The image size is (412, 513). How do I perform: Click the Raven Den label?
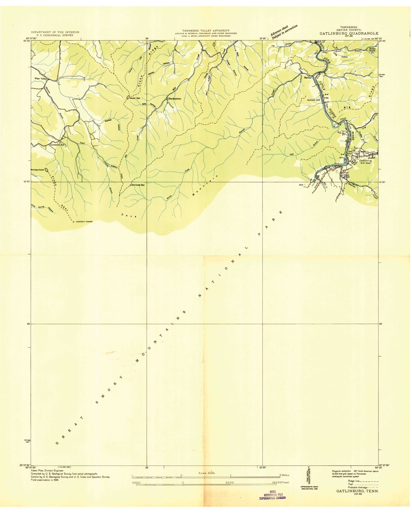coord(135,98)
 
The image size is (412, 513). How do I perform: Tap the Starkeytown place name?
coord(175,99)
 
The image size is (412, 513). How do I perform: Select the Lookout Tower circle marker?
coord(73,222)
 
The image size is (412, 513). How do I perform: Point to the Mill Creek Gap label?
coord(138,185)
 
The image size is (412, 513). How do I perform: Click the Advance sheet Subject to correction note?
coord(284,31)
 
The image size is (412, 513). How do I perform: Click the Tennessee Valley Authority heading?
coord(206,30)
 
